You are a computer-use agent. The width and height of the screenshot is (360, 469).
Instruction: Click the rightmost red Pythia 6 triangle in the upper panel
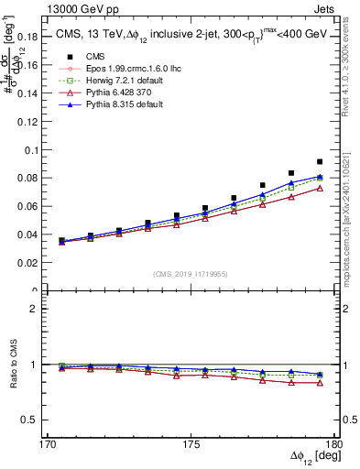pyautogui.click(x=320, y=188)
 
